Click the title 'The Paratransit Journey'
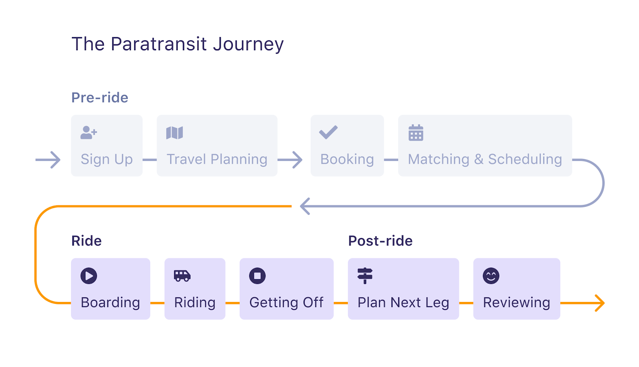(177, 44)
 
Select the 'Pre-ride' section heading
(100, 97)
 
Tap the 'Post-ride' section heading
(380, 241)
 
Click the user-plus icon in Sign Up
(89, 133)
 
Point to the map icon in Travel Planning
(175, 133)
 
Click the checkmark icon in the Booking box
(328, 132)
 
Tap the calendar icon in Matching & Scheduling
(416, 133)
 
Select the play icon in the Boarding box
(89, 276)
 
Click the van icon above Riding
(182, 276)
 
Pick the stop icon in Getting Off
(257, 276)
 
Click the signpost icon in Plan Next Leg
(365, 276)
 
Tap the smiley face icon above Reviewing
(491, 276)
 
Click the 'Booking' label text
(347, 159)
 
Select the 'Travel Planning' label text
(217, 159)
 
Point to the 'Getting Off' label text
(286, 303)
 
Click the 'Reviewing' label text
(517, 303)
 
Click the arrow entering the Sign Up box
(48, 160)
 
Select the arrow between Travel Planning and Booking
(290, 160)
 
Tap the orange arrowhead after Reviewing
(599, 303)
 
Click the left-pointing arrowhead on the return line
(305, 206)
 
